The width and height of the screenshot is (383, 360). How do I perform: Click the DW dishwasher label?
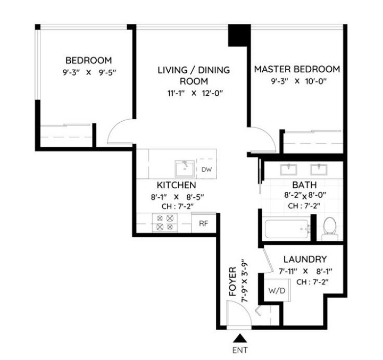[206, 170]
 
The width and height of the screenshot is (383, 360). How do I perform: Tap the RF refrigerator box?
[203, 223]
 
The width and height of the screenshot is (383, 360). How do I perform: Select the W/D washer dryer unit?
[276, 291]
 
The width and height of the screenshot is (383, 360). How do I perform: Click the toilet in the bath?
[330, 228]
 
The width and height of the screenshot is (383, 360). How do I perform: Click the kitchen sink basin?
[184, 169]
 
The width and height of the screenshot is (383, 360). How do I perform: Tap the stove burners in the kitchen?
[164, 223]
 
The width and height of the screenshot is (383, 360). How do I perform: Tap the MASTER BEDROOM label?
[296, 69]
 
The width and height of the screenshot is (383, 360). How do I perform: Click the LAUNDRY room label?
[305, 259]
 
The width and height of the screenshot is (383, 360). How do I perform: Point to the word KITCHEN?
[176, 185]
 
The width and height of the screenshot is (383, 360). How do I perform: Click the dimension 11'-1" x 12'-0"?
[193, 94]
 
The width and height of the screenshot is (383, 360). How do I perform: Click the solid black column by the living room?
[238, 36]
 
